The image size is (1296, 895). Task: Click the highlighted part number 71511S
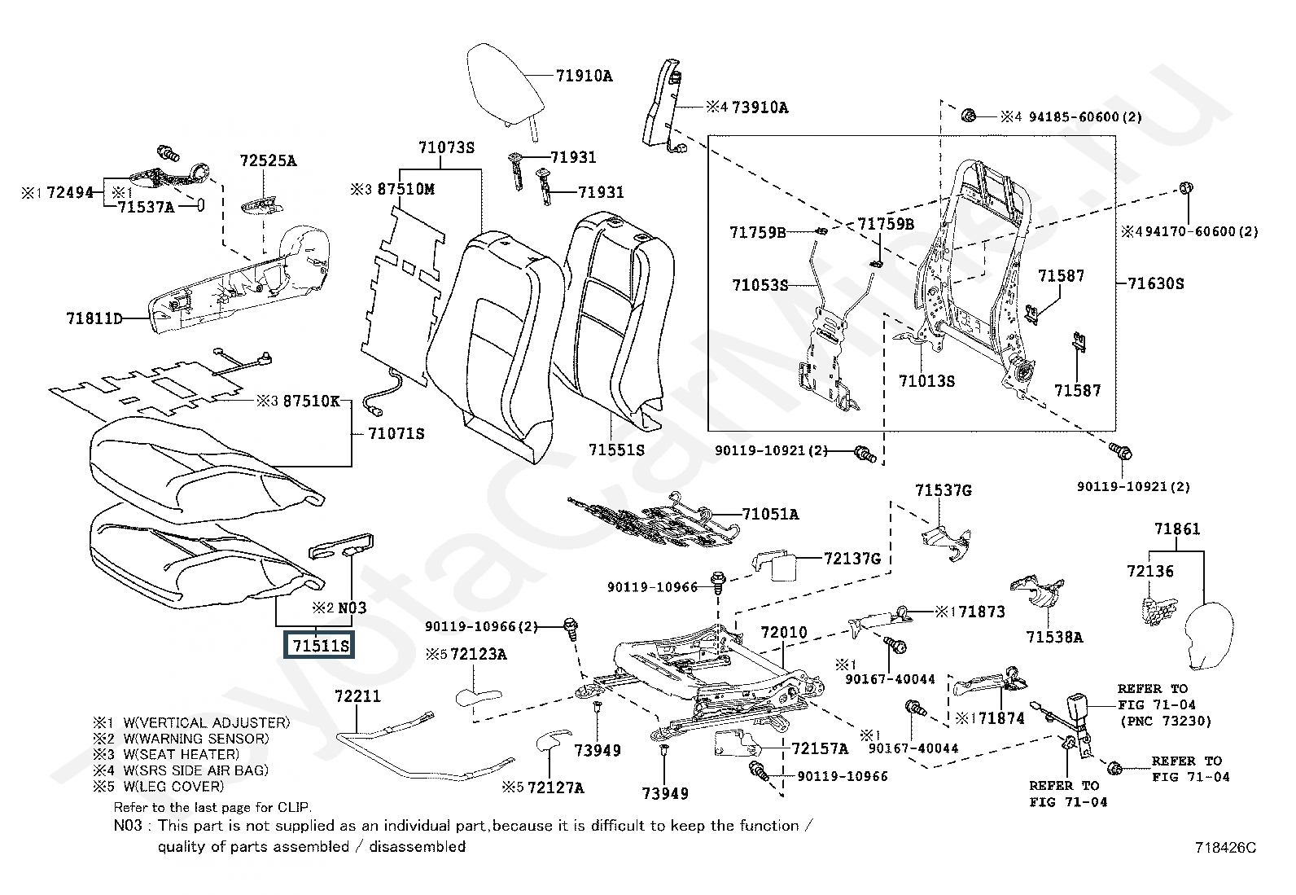(x=321, y=646)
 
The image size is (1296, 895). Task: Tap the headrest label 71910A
(x=585, y=76)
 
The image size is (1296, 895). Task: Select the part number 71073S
(x=446, y=147)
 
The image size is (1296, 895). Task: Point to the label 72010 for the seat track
(x=784, y=632)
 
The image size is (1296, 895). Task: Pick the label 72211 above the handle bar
(x=358, y=697)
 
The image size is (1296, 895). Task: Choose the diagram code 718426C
(x=1226, y=848)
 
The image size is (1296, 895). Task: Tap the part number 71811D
(x=94, y=318)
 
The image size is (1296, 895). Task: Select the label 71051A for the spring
(x=770, y=514)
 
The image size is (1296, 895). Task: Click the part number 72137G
(x=852, y=559)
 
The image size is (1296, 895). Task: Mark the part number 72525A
(x=268, y=160)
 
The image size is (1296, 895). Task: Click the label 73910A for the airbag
(x=760, y=107)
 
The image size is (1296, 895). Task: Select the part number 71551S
(x=616, y=449)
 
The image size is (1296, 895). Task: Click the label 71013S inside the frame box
(x=926, y=380)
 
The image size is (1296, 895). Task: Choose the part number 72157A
(x=820, y=748)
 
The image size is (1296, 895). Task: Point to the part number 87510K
(x=312, y=401)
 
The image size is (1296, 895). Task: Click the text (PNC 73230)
(x=1165, y=721)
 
